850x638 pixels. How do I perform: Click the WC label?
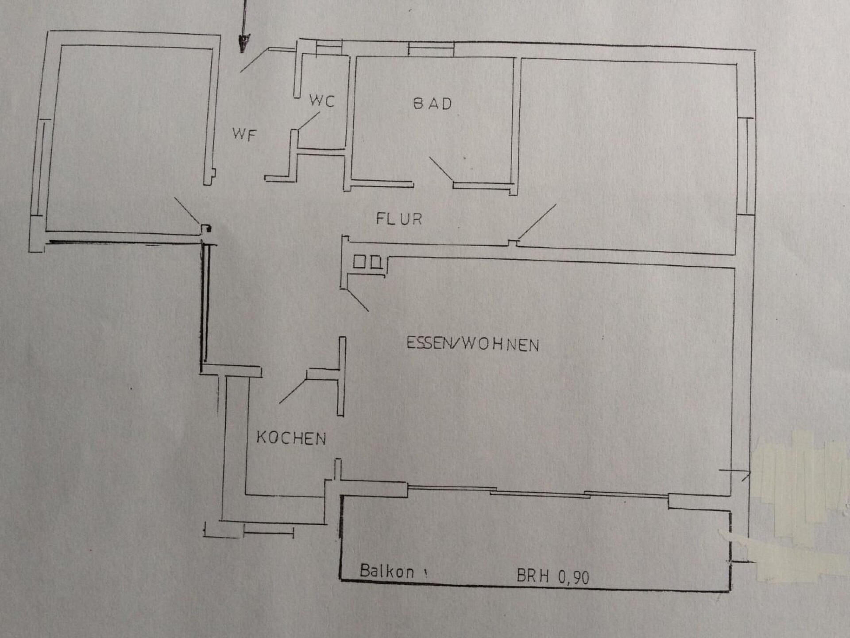pyautogui.click(x=322, y=101)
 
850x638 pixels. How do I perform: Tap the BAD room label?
pyautogui.click(x=433, y=104)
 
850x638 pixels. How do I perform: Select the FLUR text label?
pyautogui.click(x=399, y=219)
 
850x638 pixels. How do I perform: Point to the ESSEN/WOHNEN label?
pyautogui.click(x=473, y=344)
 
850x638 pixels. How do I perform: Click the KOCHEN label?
pyautogui.click(x=291, y=438)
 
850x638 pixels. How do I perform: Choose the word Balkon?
pyautogui.click(x=387, y=571)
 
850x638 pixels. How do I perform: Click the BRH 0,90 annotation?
pyautogui.click(x=553, y=576)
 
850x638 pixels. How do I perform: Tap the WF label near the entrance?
pyautogui.click(x=244, y=134)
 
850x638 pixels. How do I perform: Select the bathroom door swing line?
pyautogui.click(x=441, y=169)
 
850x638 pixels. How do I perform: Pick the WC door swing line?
pyautogui.click(x=309, y=121)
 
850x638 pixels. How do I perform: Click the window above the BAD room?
pyautogui.click(x=430, y=49)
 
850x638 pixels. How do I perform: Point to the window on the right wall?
pyautogui.click(x=746, y=166)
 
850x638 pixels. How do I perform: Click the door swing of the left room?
pyautogui.click(x=188, y=212)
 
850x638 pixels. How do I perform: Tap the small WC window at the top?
pyautogui.click(x=329, y=47)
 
